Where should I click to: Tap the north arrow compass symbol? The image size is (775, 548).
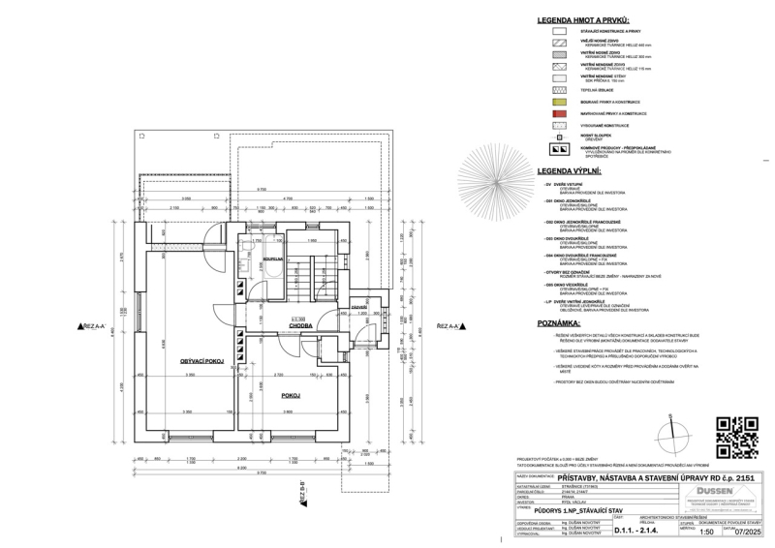(670, 437)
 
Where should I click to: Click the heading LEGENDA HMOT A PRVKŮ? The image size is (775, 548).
(588, 20)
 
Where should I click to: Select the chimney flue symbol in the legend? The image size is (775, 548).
(559, 150)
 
